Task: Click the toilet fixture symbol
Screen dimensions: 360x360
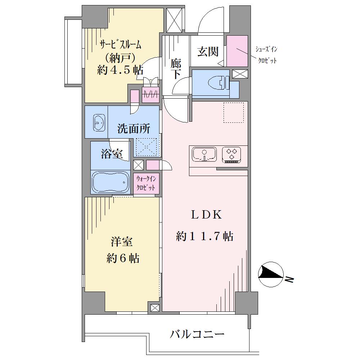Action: point(219,83)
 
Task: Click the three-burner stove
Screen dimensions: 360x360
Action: point(231,155)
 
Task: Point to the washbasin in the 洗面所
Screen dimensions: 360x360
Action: point(99,123)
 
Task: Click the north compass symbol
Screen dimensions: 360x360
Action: point(270,275)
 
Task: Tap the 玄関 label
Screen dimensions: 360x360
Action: point(208,51)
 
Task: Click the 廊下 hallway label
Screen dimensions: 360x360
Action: point(176,69)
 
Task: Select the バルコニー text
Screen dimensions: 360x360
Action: point(197,334)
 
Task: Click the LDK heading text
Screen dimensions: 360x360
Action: point(206,215)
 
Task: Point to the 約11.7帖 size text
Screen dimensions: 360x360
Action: point(204,236)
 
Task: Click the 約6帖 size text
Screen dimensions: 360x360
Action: point(123,258)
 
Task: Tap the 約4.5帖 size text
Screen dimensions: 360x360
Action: point(120,70)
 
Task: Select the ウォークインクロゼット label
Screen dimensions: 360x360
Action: point(146,183)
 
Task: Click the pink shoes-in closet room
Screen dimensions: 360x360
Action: point(237,51)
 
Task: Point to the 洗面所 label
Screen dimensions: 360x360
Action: point(134,129)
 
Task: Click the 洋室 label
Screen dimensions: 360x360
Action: point(122,242)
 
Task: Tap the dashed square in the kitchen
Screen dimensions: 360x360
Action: point(234,112)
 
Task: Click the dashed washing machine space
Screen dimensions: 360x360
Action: point(147,147)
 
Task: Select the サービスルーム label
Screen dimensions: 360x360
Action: point(120,45)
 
